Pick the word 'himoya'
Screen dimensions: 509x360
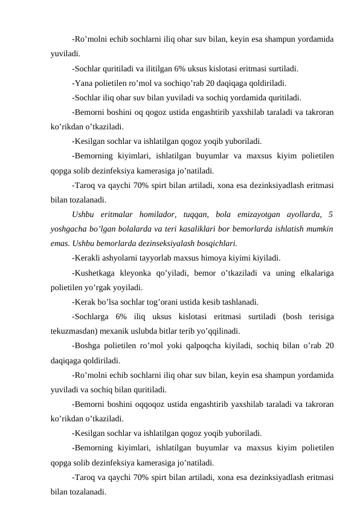coord(208,258)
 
